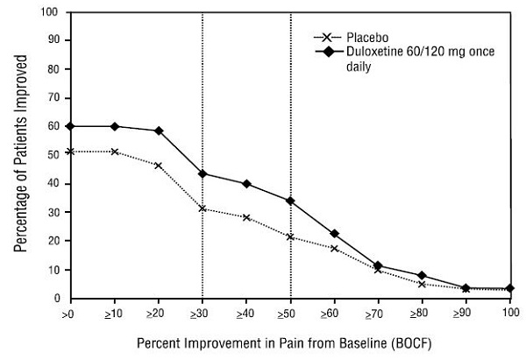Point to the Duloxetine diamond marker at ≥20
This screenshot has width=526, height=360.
[159, 131]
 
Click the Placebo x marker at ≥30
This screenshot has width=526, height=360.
[203, 208]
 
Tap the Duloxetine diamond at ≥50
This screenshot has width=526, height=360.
[290, 201]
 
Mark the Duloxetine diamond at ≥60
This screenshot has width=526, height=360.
[334, 234]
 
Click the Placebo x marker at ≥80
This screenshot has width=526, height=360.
[422, 284]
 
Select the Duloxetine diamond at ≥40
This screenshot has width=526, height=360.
[246, 184]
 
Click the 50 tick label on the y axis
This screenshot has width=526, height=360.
[54, 155]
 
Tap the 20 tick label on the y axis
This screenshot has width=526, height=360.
[54, 241]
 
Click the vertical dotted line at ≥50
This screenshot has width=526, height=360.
[290, 105]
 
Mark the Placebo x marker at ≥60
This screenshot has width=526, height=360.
[334, 249]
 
